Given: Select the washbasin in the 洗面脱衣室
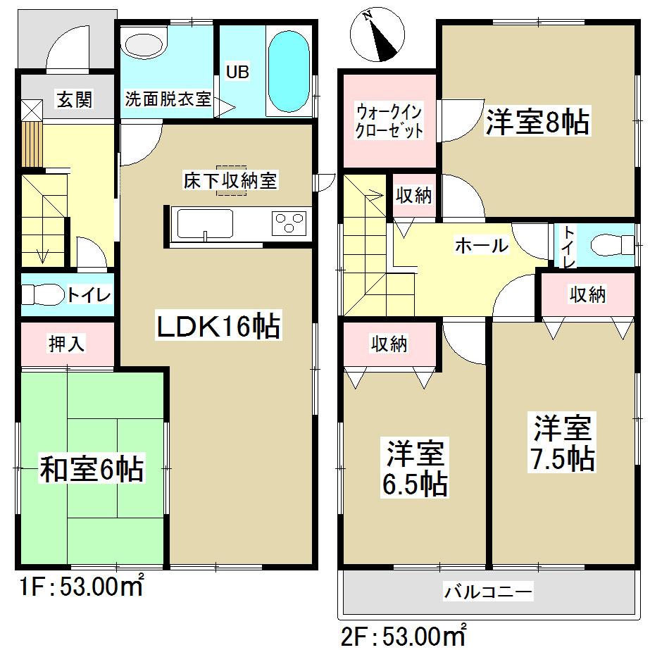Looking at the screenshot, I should click(145, 45).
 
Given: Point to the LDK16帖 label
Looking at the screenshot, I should click(218, 327).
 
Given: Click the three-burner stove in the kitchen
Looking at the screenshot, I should click(289, 223).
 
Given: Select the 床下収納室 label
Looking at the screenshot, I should click(227, 180).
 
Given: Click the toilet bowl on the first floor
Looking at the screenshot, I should click(41, 294).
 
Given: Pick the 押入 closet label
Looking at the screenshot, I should click(67, 344).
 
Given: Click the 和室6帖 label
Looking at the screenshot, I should click(92, 470).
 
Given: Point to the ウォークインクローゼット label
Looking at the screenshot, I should click(389, 120).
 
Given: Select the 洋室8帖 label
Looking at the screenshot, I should click(537, 122).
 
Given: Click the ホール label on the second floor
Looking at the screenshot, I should click(482, 246).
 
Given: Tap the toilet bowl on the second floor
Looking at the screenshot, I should click(609, 244).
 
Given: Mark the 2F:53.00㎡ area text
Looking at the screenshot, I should click(404, 638).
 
